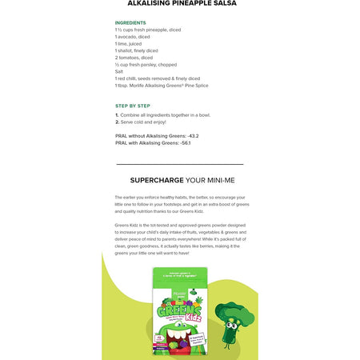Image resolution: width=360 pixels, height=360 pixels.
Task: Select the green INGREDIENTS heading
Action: coord(130,22)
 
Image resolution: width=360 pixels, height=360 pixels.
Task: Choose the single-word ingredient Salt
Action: coord(119,71)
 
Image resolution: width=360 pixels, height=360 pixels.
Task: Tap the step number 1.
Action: coord(117,114)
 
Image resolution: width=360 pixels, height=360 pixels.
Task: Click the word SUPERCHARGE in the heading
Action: coord(158,180)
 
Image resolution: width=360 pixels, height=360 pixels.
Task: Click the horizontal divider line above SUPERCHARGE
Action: coord(180,163)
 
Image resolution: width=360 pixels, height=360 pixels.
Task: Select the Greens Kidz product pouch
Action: coord(179,312)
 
